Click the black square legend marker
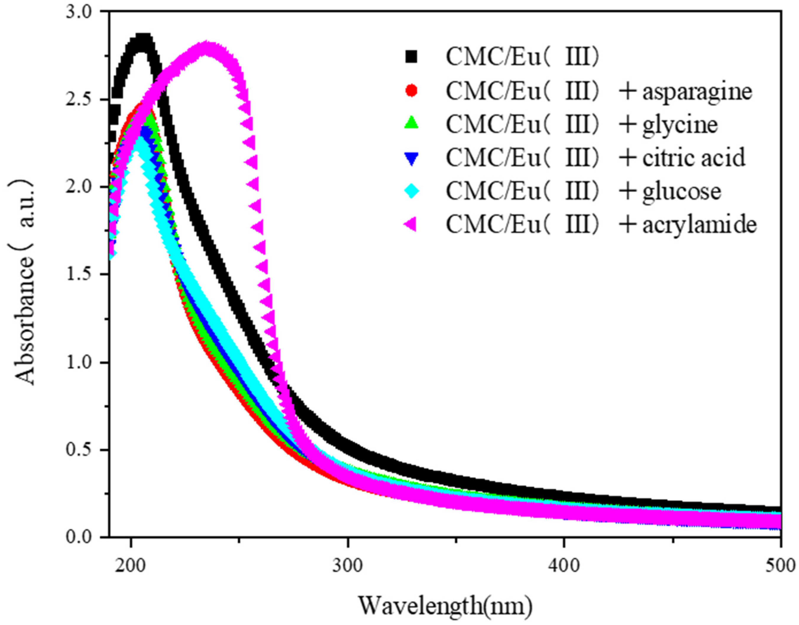click(412, 57)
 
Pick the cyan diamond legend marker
click(412, 191)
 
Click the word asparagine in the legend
click(697, 91)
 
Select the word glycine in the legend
click(680, 125)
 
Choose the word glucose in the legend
click(682, 192)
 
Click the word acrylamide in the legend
click(699, 225)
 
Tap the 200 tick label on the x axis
click(131, 565)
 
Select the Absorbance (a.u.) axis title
click(26, 282)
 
